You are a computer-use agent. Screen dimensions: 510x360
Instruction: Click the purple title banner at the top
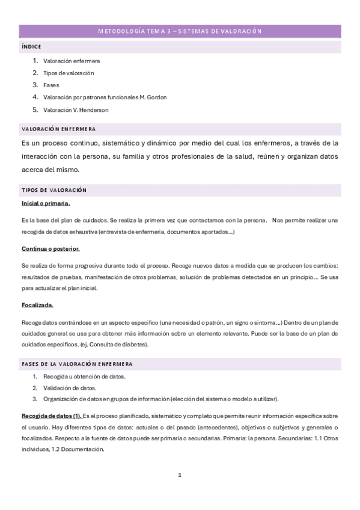pos(180,31)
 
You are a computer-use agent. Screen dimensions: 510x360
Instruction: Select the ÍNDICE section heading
pos(31,46)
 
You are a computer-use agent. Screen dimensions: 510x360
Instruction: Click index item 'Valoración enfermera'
pos(72,61)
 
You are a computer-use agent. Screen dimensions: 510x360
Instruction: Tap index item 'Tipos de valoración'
pos(69,73)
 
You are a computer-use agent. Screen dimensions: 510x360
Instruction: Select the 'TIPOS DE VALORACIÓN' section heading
pos(54,190)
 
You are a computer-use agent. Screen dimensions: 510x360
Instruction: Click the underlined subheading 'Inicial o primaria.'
pos(46,203)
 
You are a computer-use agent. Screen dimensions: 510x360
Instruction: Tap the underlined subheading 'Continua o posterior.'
pos(50,248)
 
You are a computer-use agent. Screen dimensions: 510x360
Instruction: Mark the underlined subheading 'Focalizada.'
pos(37,305)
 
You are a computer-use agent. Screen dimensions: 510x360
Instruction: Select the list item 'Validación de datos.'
pos(70,387)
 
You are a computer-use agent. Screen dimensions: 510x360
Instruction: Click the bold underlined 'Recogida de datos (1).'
pos(52,416)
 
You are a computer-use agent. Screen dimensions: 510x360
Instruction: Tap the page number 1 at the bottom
pos(180,475)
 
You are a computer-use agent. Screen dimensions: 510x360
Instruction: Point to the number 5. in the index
pos(35,109)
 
